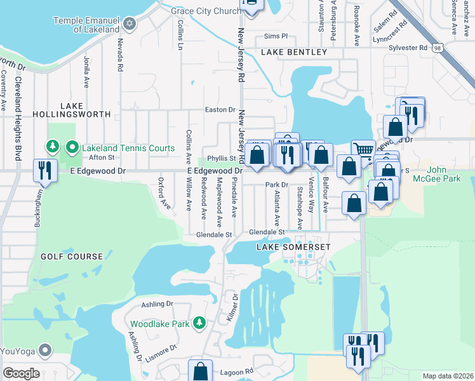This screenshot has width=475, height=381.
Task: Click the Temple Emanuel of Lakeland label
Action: click(86, 25)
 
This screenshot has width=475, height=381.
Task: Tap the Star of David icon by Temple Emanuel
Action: click(130, 25)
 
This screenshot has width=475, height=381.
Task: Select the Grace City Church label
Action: click(207, 11)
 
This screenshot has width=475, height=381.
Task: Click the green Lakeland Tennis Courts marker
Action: click(72, 148)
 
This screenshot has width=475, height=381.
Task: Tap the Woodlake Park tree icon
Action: click(199, 324)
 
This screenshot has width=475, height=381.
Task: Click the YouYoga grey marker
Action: click(45, 350)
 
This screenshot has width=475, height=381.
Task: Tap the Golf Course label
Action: click(72, 257)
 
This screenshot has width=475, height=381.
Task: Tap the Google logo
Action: click(21, 373)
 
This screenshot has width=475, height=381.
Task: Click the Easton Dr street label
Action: click(220, 110)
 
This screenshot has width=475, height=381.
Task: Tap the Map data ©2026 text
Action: click(447, 376)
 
